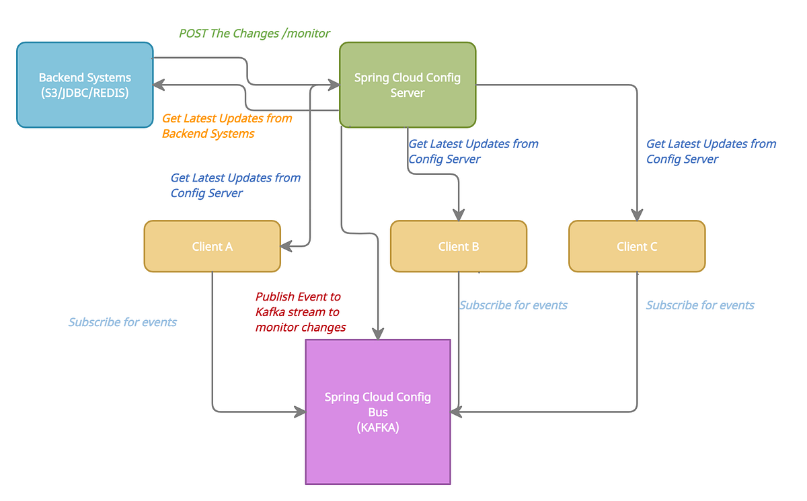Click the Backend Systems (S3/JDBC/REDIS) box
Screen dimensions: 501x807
[x=85, y=85]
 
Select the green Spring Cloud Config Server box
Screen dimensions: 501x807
[x=408, y=85]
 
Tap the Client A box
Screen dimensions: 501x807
[x=212, y=246]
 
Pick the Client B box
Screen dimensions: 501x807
[x=458, y=246]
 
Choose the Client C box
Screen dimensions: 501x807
[x=637, y=246]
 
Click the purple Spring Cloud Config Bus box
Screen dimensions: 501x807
[x=378, y=412]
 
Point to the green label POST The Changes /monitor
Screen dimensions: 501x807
[x=254, y=33]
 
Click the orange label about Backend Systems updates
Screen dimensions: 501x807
[x=227, y=126]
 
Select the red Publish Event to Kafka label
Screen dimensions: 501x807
[x=300, y=312]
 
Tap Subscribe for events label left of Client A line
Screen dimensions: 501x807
[x=122, y=322]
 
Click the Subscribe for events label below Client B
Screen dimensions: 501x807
[x=513, y=305]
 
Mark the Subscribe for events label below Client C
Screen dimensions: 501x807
[x=700, y=305]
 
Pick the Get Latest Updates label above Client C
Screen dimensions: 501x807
[x=711, y=151]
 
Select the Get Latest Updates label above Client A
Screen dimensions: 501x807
[x=235, y=185]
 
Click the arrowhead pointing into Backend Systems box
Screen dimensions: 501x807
[x=159, y=85]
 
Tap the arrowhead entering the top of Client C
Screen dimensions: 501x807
[x=637, y=215]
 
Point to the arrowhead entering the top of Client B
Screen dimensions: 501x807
[x=459, y=215]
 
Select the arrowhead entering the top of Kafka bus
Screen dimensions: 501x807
[x=378, y=333]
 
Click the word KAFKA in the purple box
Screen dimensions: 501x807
[x=378, y=427]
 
